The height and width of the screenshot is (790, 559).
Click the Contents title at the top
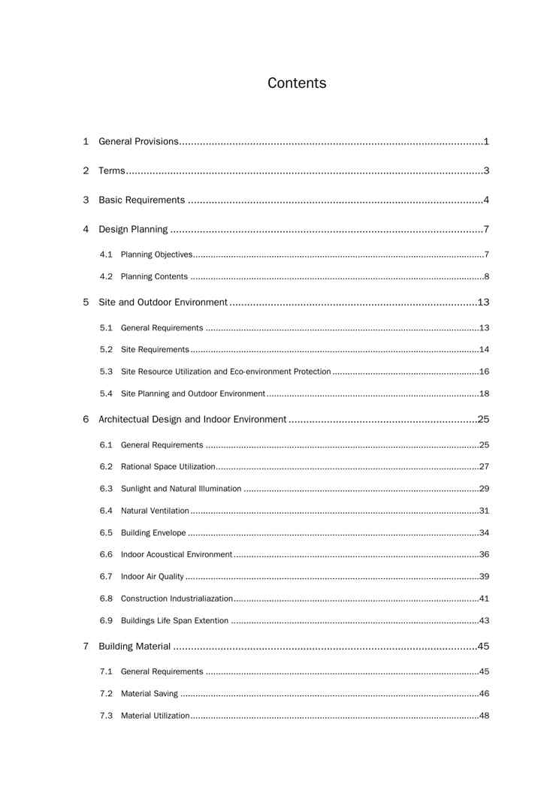297,83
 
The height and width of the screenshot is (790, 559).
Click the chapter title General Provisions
139,141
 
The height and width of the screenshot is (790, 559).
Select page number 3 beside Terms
487,170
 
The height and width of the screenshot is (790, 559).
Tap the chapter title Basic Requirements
141,200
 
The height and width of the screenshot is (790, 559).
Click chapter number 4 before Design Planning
86,229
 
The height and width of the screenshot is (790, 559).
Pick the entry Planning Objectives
156,255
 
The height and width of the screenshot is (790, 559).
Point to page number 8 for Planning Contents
487,276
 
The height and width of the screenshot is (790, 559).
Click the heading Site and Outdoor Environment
163,302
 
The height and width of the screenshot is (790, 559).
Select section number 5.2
106,349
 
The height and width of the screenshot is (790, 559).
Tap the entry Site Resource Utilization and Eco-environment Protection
225,372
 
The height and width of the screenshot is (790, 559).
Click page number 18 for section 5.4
485,393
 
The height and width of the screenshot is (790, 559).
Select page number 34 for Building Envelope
485,532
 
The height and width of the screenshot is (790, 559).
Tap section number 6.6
106,554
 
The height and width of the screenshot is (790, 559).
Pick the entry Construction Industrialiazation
177,599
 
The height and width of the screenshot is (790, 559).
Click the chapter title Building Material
135,646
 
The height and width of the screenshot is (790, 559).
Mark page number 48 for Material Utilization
485,716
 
